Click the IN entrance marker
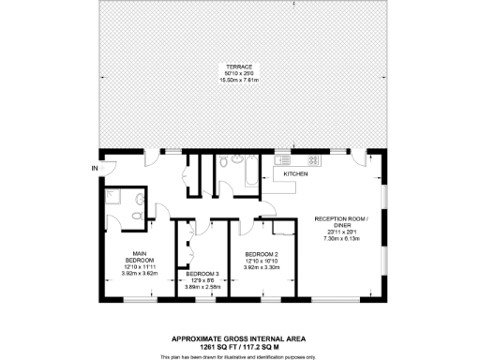pos(94,168)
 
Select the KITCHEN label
pos(297,174)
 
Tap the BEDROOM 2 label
pos(262,253)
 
